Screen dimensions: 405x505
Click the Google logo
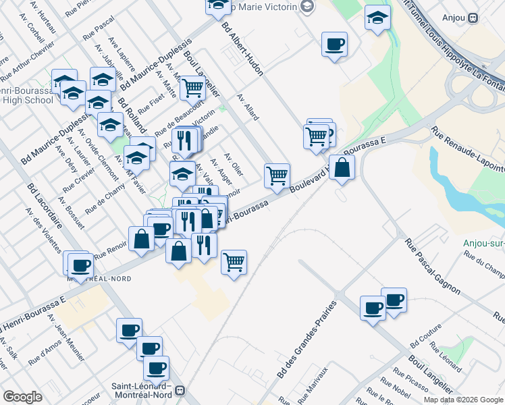pos(22,397)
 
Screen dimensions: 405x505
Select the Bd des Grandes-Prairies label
pos(306,340)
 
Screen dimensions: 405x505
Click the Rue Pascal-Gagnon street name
pos(432,267)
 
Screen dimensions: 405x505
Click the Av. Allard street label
pos(248,107)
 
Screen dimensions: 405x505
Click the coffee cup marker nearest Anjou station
pos(334,45)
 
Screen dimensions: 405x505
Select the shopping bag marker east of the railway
pos(343,168)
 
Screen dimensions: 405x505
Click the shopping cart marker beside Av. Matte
pos(192,87)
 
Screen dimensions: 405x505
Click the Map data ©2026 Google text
pos(462,400)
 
